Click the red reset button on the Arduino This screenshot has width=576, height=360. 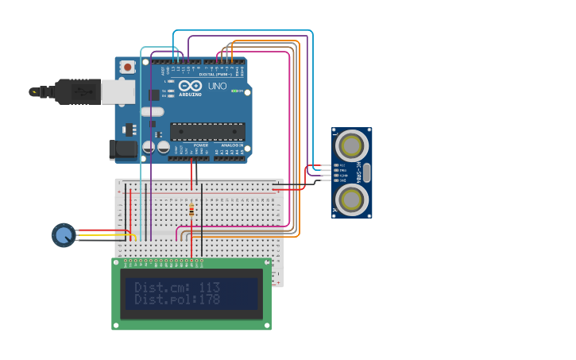(x=127, y=68)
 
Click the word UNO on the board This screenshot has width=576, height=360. (x=217, y=86)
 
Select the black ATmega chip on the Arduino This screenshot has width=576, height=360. (x=207, y=131)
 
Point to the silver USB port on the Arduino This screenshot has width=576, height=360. (x=118, y=92)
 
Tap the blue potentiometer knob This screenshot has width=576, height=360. (x=64, y=234)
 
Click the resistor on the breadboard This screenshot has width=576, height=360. (x=191, y=211)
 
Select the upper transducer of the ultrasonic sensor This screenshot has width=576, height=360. (x=351, y=145)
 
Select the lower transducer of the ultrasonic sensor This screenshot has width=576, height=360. (x=351, y=199)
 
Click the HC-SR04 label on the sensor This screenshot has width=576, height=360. (x=359, y=172)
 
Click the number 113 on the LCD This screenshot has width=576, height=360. (x=209, y=287)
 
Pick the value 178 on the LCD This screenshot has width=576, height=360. (x=209, y=300)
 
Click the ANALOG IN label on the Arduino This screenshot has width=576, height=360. (x=232, y=145)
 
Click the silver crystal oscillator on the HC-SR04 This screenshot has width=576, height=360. (x=366, y=172)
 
